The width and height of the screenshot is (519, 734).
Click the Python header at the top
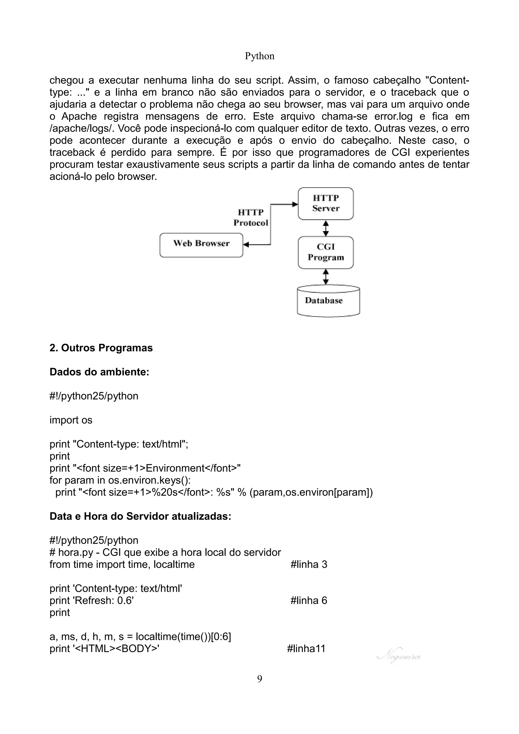coord(259,56)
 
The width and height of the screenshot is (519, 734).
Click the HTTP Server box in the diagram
coord(326,203)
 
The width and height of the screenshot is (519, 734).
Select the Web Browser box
coord(201,245)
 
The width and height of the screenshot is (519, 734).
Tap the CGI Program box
coord(326,252)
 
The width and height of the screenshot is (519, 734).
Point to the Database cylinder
coord(328,301)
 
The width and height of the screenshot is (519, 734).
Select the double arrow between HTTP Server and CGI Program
coord(326,228)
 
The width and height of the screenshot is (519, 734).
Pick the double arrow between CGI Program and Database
coord(326,277)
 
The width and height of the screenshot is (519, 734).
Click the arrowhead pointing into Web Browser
coord(246,245)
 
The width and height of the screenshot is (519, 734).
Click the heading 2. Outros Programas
coord(101,348)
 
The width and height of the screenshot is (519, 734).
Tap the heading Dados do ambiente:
coord(99,372)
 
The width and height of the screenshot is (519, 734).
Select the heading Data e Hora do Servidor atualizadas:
coord(140,516)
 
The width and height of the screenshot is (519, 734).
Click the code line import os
coord(71,420)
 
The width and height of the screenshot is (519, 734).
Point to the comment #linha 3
coord(309,564)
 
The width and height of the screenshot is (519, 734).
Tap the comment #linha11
coord(306,648)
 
